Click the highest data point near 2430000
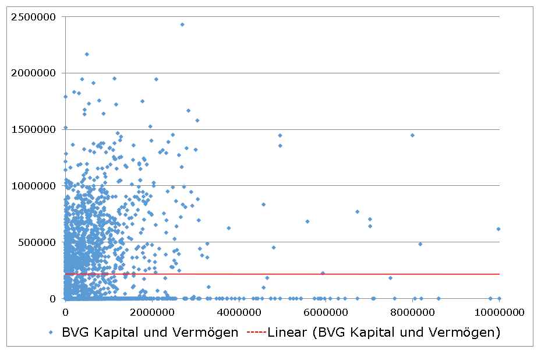[182, 24]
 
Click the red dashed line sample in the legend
[256, 333]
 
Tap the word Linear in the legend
[285, 333]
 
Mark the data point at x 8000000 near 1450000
[412, 135]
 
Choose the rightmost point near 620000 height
[498, 229]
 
